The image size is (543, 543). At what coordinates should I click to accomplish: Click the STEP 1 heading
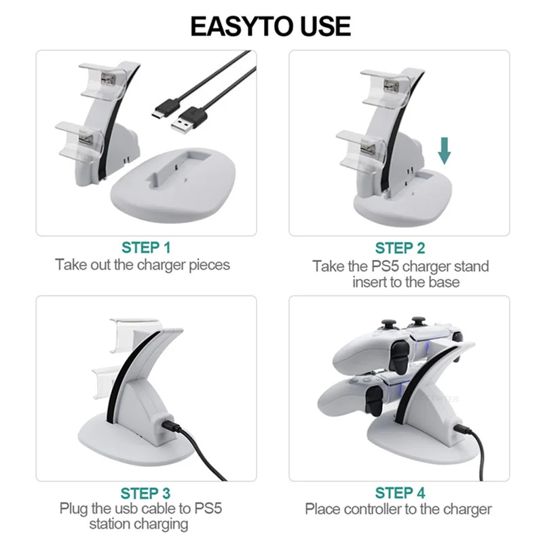point(146,248)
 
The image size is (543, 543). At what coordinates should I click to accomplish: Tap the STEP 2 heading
point(400,248)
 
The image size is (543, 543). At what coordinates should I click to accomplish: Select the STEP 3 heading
point(145,493)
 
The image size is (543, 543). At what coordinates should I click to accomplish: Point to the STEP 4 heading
point(400,493)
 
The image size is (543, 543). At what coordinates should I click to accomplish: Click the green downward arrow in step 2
point(445,151)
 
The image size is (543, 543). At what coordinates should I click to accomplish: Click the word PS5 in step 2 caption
point(385,266)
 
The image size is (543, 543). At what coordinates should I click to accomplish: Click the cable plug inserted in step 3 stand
point(168,425)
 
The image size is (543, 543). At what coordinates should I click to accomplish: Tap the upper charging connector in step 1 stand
point(108,79)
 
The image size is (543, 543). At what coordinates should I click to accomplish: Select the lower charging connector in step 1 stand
point(86,139)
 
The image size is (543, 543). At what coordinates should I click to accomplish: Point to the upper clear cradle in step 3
point(135,335)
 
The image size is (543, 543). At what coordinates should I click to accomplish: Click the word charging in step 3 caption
point(161,524)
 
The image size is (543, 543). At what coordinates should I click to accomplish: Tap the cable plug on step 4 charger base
point(462,430)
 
